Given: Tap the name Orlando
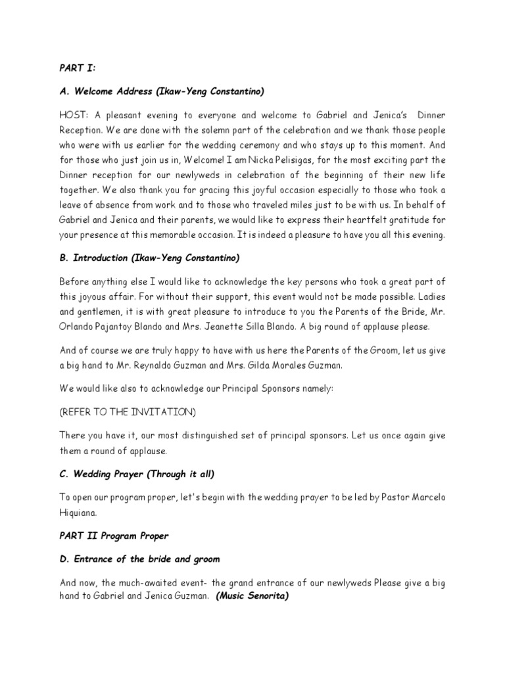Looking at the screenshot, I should tap(77, 327).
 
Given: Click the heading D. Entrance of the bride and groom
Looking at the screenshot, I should tap(139, 559).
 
